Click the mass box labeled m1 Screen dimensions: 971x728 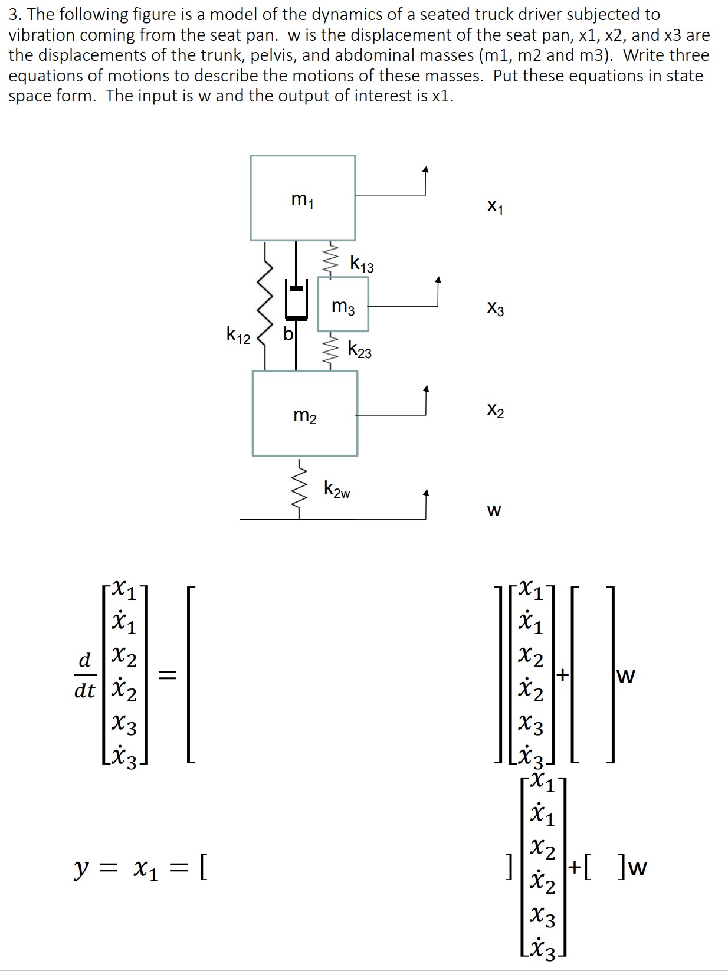pos(303,198)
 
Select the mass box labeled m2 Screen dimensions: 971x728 pos(304,414)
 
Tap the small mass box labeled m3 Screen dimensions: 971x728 pos(343,304)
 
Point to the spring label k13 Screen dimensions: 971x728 pos(362,264)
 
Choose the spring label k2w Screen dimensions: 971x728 pos(337,490)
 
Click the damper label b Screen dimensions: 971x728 pos(288,334)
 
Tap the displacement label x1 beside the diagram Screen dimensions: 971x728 pos(496,207)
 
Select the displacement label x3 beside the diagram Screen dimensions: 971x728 pos(496,309)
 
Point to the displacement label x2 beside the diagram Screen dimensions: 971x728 pos(496,410)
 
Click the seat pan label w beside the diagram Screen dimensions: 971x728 pos(494,510)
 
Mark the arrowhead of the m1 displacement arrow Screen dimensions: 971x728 pos(425,170)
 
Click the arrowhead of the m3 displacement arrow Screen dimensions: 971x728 pos(438,280)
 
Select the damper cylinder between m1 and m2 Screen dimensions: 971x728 pos(296,303)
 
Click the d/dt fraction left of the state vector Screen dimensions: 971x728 pos(84,675)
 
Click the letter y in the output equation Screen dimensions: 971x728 pos(81,868)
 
